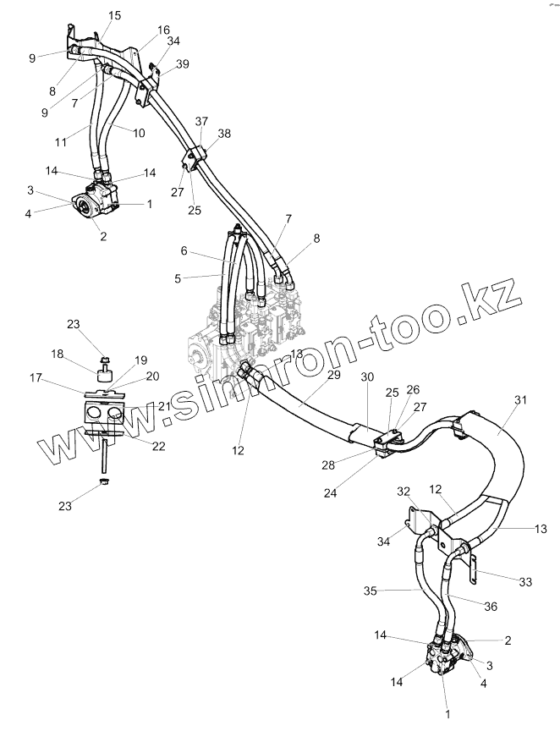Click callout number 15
[115, 16]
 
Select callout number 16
[163, 30]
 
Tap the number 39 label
[183, 64]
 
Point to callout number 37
[200, 121]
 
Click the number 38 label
[225, 134]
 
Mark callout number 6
[184, 251]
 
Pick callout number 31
[520, 399]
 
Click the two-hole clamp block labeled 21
[105, 413]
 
